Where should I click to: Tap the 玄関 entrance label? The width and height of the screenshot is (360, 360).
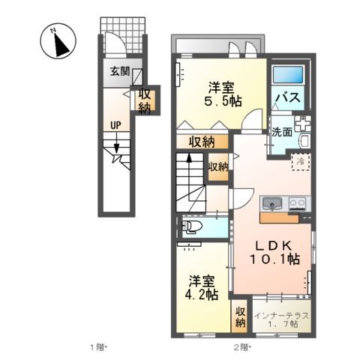(x=119, y=72)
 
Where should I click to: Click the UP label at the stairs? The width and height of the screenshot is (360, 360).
(x=117, y=124)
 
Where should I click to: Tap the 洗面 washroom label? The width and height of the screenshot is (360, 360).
(x=282, y=132)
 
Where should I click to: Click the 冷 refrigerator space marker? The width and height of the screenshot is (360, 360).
(x=299, y=160)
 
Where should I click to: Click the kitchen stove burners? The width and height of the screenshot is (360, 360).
(x=296, y=203)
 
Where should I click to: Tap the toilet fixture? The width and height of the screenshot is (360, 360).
(x=193, y=226)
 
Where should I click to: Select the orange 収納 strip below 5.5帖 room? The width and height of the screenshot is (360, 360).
(x=202, y=141)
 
